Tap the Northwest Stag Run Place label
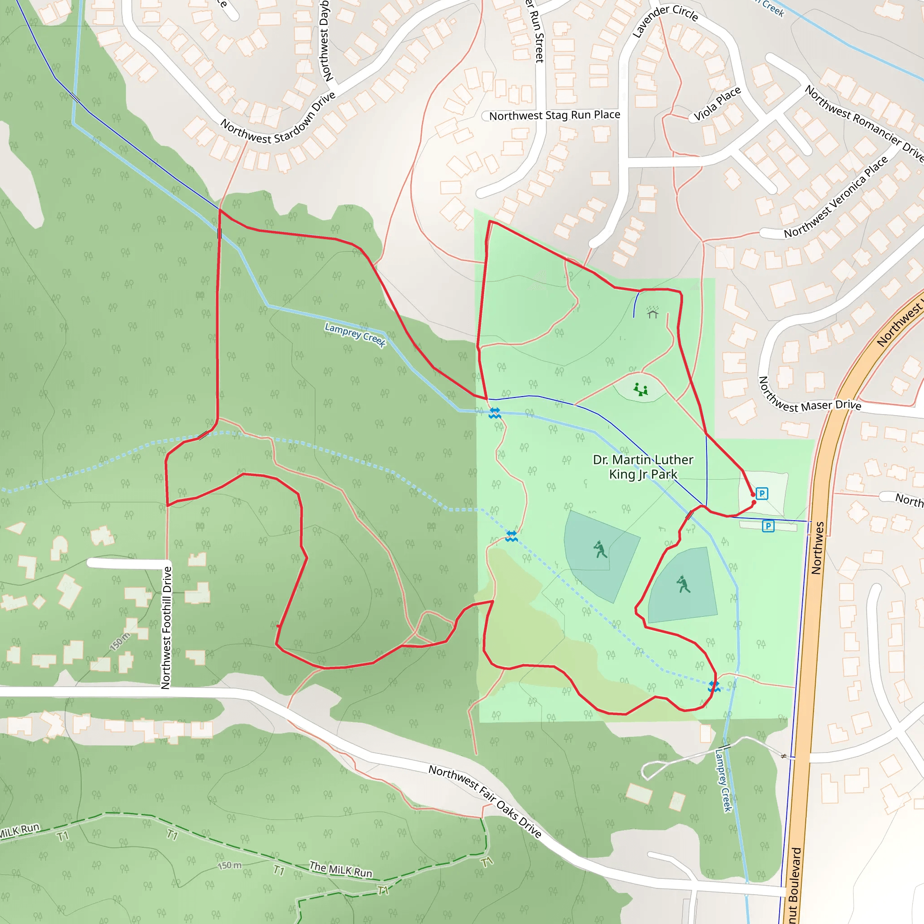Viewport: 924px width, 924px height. pos(554,115)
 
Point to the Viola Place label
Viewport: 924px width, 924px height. pos(717,103)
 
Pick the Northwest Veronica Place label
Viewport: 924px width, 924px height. pos(836,197)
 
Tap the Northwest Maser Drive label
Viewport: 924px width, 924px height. pos(809,395)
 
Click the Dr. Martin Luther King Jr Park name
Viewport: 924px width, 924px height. pos(643,467)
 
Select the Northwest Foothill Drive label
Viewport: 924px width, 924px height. pos(166,628)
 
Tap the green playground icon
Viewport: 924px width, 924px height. pos(641,389)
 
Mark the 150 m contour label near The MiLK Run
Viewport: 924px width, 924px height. pos(230,865)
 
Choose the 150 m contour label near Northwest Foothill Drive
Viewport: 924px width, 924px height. pos(120,642)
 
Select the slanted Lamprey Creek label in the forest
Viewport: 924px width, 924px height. pos(355,334)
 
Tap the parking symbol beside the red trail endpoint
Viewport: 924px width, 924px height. pos(762,494)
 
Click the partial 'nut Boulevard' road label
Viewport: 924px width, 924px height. pos(795,885)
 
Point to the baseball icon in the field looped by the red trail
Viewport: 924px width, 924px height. pos(683,584)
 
